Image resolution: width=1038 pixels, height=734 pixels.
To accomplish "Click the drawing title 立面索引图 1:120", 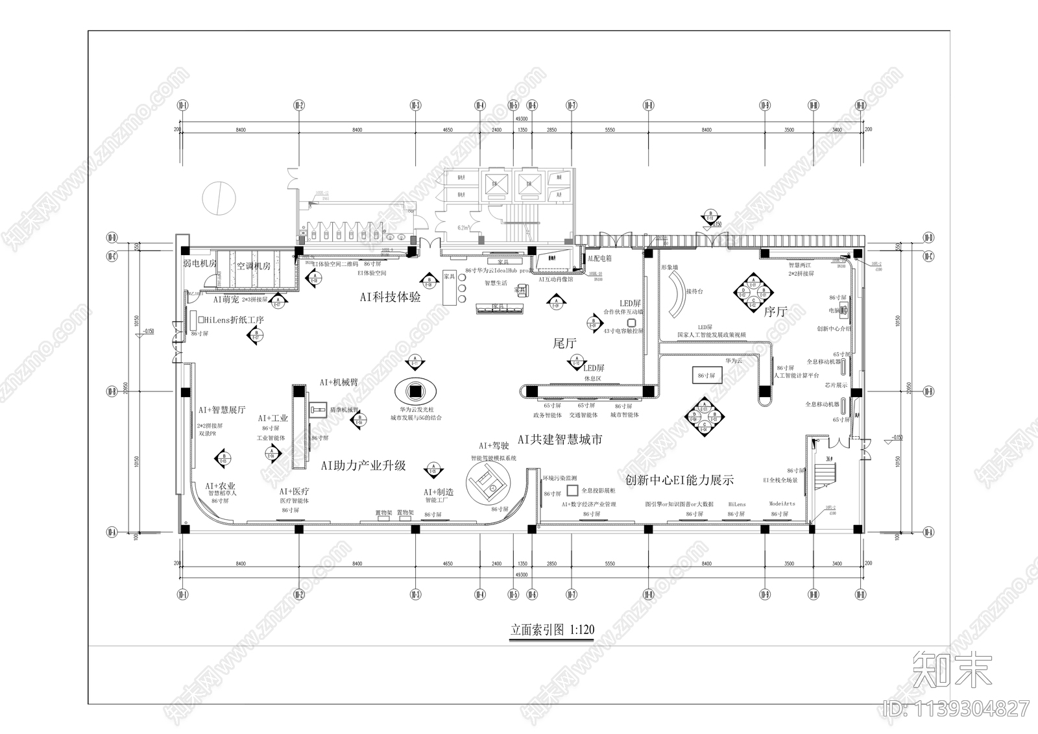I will coord(552,630).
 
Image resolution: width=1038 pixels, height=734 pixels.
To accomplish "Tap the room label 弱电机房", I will coord(199,263).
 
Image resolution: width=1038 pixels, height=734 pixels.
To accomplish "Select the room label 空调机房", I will coord(253,266).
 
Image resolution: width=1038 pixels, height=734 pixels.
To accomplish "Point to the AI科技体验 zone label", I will coord(391,297).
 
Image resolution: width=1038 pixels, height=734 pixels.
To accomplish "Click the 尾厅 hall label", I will coord(564,343).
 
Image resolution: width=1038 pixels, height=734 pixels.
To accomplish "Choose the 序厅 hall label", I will coord(775,312).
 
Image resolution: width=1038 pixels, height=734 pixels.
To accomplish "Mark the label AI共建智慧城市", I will coord(560,440).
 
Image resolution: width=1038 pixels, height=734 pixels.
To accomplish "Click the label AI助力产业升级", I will coord(363,465).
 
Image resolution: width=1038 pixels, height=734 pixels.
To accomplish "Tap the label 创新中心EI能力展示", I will coord(679,481).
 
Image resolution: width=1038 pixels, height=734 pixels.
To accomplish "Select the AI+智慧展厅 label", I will coord(222,410).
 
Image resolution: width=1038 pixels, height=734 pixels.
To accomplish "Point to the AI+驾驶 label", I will coord(494,446).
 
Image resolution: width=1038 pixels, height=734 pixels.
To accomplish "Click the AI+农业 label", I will coord(221,486).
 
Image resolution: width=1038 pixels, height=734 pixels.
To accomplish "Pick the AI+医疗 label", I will coord(294,492).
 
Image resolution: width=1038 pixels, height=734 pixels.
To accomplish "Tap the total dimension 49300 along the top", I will coord(521,119).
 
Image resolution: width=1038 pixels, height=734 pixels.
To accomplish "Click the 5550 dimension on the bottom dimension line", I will coord(610,564).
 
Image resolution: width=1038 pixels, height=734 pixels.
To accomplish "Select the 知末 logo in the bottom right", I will coord(952,669).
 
